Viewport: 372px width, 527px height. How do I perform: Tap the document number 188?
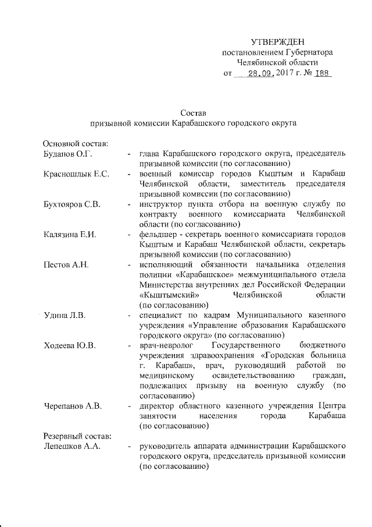321,74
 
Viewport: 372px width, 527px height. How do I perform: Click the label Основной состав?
73,143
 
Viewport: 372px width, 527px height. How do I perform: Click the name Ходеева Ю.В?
70,345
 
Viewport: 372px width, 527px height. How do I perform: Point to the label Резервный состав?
74,436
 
